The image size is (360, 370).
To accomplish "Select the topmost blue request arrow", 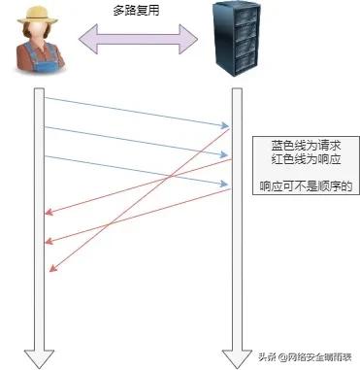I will click(136, 111).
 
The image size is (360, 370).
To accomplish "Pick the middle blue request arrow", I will click(136, 141).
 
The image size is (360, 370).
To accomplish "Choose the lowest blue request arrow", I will click(136, 170).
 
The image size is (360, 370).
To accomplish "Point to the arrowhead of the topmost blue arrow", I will click(226, 125).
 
